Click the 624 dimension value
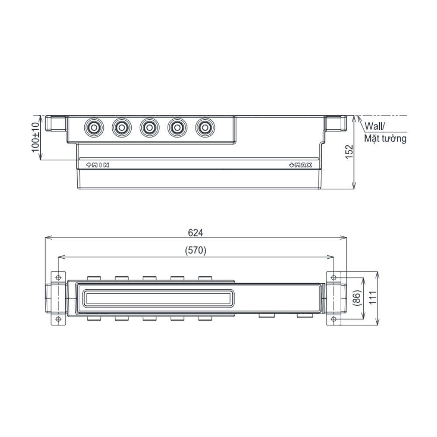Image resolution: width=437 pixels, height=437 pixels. pyautogui.click(x=195, y=232)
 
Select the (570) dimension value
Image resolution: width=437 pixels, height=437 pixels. pyautogui.click(x=196, y=250)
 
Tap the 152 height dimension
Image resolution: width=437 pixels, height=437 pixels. pyautogui.click(x=349, y=152)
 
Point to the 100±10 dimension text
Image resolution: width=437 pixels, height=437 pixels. pyautogui.click(x=36, y=137)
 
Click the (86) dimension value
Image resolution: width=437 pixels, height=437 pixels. pyautogui.click(x=357, y=298)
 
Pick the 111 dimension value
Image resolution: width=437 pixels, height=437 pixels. pyautogui.click(x=372, y=297)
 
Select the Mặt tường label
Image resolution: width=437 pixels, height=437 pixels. pyautogui.click(x=385, y=139)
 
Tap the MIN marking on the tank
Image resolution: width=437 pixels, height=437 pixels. pyautogui.click(x=97, y=165)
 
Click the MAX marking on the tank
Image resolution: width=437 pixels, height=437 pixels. pyautogui.click(x=301, y=165)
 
